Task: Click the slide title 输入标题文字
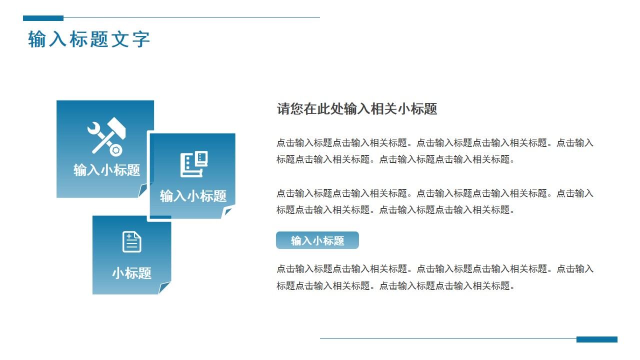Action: tap(89, 39)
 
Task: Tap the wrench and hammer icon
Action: tap(106, 136)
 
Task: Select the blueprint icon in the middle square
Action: tap(193, 164)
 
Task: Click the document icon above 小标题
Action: tap(132, 242)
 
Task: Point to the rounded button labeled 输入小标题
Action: tap(317, 240)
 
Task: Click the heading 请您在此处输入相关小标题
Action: tap(357, 109)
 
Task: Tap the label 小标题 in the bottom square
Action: tap(131, 273)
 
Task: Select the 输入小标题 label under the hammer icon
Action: tap(106, 170)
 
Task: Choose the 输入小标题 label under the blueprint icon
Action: tap(193, 196)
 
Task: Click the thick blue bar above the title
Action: tap(43, 18)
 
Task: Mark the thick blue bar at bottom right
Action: tap(596, 339)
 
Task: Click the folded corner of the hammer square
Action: tap(143, 190)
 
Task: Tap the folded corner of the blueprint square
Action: tap(228, 212)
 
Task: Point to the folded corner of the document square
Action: tap(164, 288)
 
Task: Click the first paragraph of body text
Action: tap(435, 151)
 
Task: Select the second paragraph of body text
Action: tap(435, 201)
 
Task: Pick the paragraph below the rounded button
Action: tap(435, 277)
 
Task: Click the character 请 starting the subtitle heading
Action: tap(283, 109)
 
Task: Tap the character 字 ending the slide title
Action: tap(141, 39)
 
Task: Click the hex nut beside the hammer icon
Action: tap(116, 149)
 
